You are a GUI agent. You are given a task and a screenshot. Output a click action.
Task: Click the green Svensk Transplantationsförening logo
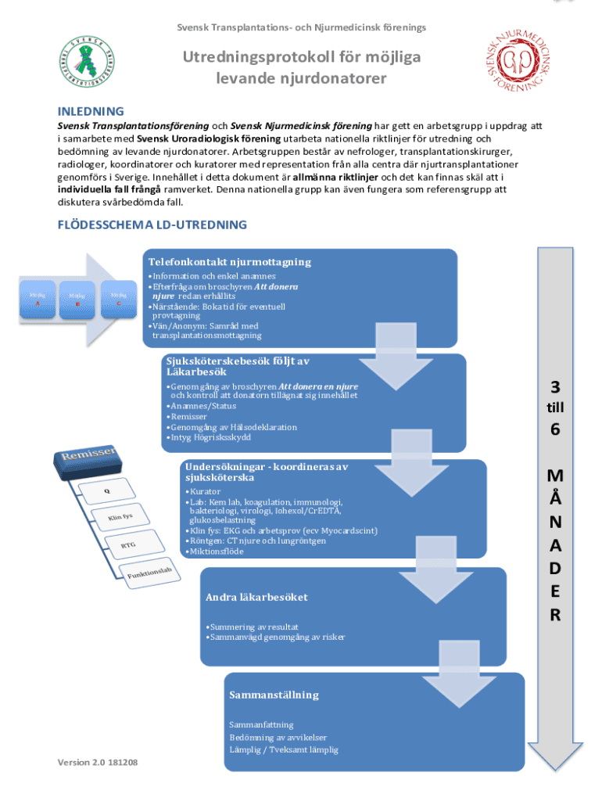(87, 62)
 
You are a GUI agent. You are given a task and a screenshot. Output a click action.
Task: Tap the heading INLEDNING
(91, 111)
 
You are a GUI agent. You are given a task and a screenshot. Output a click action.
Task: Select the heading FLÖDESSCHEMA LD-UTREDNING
(152, 224)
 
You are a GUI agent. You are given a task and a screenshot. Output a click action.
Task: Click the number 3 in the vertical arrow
(554, 387)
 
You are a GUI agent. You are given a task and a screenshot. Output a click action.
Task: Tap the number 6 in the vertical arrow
(554, 429)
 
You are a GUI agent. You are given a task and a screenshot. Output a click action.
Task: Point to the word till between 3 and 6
(554, 408)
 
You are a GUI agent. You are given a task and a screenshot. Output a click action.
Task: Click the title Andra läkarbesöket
(256, 597)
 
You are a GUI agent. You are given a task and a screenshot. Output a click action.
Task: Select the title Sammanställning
(274, 695)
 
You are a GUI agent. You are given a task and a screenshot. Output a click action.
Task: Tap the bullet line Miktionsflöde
(216, 551)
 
